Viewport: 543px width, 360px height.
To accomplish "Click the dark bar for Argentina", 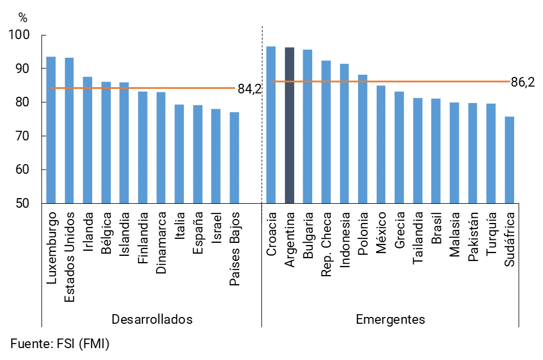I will (289, 126).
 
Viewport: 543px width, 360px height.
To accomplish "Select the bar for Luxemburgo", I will (51, 130).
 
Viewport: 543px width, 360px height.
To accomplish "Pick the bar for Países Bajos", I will (234, 158).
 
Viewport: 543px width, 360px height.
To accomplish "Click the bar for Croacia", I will (271, 125).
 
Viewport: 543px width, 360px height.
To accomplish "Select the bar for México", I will (381, 144).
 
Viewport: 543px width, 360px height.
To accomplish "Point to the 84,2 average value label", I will (248, 89).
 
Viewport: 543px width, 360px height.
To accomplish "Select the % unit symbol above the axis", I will (23, 18).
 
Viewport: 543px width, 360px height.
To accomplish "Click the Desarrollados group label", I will (152, 319).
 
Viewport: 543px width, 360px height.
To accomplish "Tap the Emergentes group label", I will (390, 319).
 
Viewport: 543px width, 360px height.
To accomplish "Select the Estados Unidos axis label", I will (70, 257).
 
